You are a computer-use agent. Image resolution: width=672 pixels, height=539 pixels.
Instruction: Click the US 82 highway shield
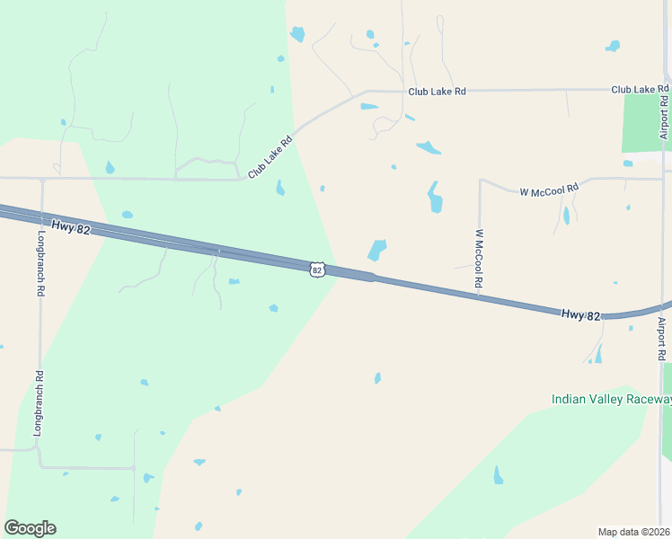click(x=316, y=269)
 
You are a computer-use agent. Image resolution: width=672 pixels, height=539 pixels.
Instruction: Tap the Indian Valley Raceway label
click(x=611, y=399)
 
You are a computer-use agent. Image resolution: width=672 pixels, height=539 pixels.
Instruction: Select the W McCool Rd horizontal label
click(x=549, y=190)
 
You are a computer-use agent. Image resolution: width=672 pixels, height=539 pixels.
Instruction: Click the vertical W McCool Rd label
click(x=479, y=259)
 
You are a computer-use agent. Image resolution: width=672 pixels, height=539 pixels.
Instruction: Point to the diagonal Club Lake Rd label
click(x=271, y=155)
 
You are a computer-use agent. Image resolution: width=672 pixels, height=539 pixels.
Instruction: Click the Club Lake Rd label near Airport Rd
click(x=640, y=90)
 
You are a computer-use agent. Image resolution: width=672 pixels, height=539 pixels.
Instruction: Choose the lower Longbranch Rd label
click(x=39, y=403)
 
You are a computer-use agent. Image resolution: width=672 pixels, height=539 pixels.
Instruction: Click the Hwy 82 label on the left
click(x=71, y=229)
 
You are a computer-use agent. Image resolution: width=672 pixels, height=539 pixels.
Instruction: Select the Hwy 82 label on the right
click(x=580, y=314)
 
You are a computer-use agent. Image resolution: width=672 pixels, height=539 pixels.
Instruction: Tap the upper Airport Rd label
click(x=664, y=112)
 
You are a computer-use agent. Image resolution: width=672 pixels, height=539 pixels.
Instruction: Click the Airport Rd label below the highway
click(x=661, y=339)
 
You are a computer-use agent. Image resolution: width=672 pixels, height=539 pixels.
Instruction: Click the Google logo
click(x=30, y=528)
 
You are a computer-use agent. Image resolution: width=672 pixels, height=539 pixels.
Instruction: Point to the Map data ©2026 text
click(x=633, y=532)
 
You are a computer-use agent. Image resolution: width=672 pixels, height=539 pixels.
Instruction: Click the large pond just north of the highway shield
click(x=377, y=249)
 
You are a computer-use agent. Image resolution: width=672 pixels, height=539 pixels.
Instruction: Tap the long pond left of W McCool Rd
click(x=436, y=197)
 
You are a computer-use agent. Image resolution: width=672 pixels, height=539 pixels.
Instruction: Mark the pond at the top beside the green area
click(x=297, y=34)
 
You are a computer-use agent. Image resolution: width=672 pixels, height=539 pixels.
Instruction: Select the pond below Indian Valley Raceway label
click(x=499, y=475)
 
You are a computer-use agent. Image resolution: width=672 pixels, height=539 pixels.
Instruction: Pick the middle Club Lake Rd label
click(x=437, y=92)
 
